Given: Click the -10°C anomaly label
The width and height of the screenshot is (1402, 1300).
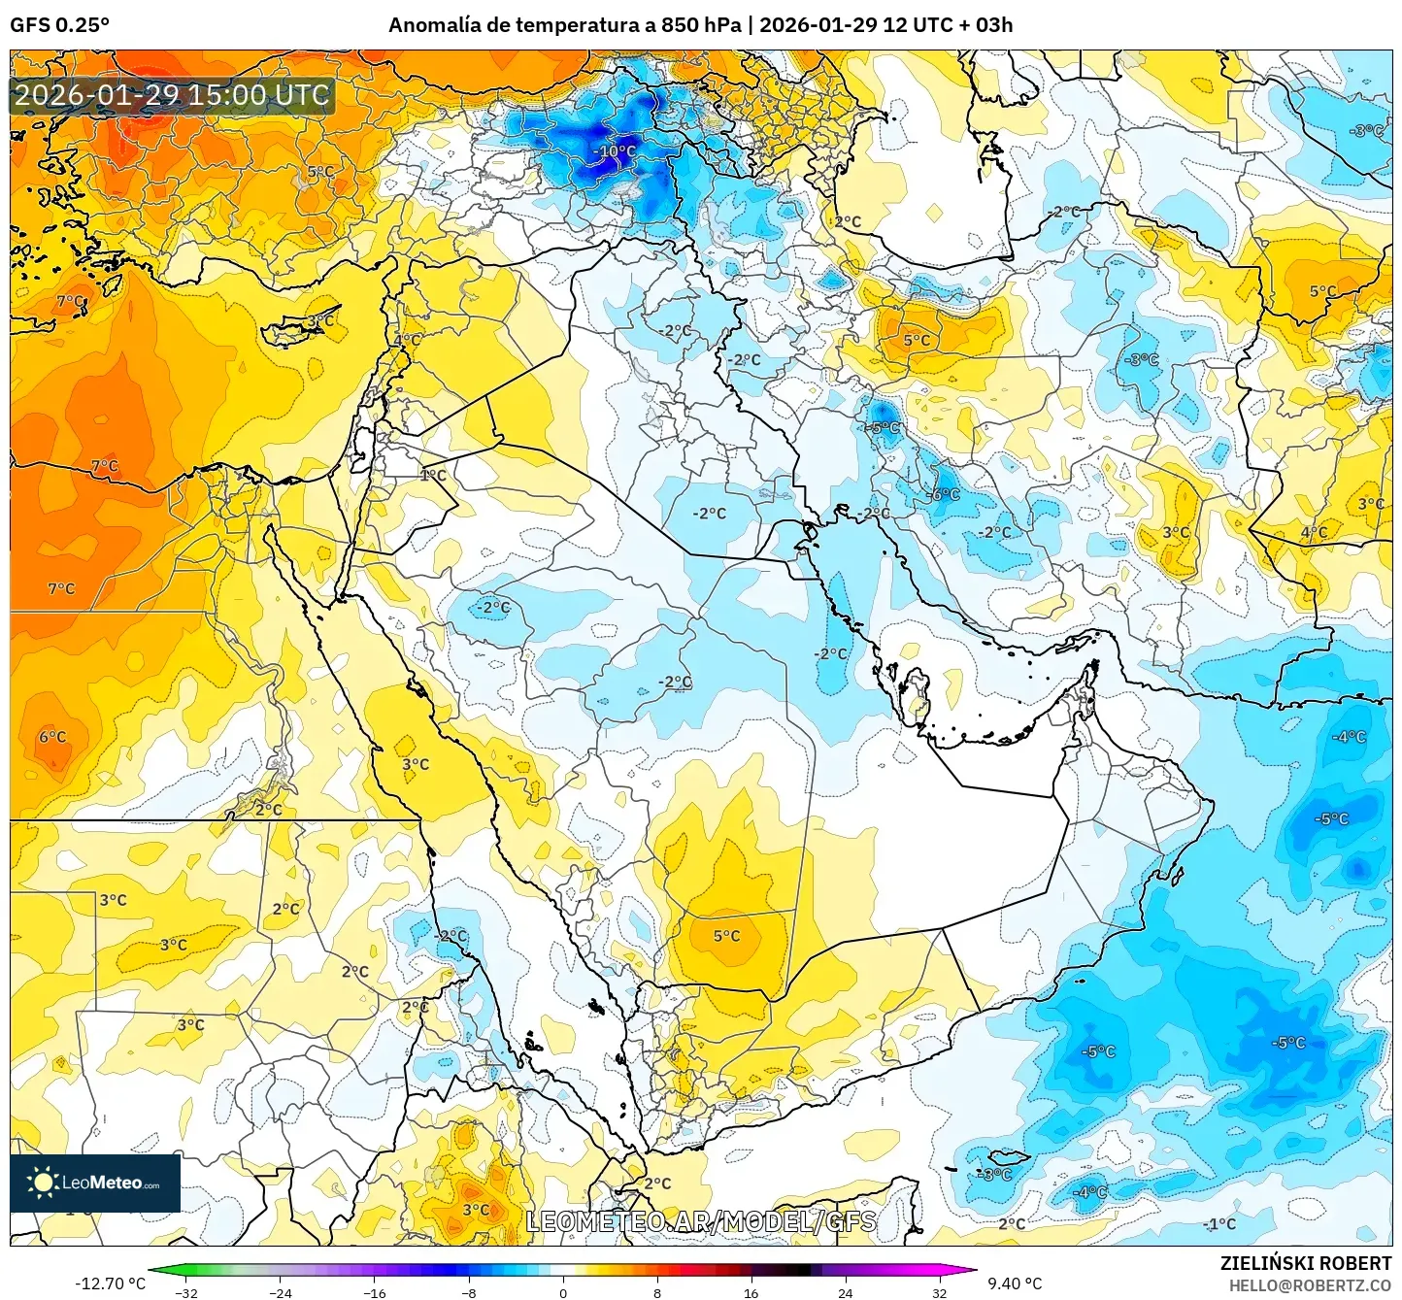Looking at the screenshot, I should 614,151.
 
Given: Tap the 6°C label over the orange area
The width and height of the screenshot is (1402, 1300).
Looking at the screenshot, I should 52,737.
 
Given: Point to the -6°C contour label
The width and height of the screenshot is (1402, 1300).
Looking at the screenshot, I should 945,494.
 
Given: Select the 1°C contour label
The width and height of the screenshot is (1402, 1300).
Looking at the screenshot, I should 433,475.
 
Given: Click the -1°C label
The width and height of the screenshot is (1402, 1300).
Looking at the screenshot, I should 1219,1223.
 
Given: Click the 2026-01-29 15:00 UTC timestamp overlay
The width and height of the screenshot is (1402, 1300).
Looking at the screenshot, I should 172,95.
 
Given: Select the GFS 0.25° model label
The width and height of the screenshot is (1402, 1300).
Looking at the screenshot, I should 59,25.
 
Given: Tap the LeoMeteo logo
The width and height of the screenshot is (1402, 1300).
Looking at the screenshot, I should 95,1183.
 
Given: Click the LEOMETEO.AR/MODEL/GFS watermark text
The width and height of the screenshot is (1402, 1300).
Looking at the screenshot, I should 701,1221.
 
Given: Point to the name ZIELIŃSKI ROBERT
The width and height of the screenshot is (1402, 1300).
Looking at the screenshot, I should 1306,1263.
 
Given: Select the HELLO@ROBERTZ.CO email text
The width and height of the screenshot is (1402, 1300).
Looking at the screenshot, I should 1310,1285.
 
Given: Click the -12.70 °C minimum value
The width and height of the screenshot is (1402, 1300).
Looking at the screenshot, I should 110,1283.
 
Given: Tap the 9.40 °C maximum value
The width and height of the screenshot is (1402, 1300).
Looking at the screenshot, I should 1015,1283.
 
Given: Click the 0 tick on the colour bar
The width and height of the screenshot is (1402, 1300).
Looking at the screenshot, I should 563,1292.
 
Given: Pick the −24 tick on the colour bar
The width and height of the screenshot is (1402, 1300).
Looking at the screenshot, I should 280,1292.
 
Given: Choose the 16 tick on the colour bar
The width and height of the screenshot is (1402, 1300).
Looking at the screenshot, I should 751,1292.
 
